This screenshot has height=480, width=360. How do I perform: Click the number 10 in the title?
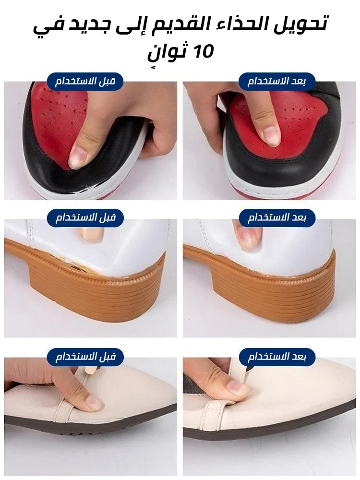click(203, 51)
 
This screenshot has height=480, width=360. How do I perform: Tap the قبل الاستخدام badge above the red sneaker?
click(85, 82)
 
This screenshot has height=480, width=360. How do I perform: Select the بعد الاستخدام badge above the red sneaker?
click(277, 82)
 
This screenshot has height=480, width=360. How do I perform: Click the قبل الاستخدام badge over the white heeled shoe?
click(85, 217)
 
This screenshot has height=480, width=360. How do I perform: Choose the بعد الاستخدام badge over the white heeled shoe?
click(277, 217)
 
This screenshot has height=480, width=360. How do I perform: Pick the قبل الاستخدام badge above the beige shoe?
click(85, 357)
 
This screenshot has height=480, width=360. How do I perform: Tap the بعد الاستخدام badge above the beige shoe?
click(277, 357)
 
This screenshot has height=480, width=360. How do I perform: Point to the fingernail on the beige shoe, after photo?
click(235, 386)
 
